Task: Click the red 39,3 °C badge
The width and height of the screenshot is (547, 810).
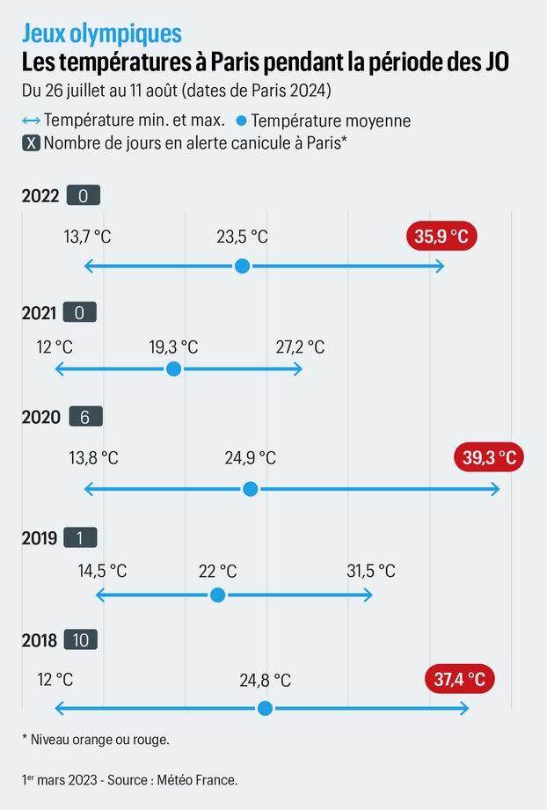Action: pos(490,457)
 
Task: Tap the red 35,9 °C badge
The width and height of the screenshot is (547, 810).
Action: pos(441,237)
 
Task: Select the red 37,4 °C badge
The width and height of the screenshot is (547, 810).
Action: pos(459,679)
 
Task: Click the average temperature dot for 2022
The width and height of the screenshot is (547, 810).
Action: pos(243,266)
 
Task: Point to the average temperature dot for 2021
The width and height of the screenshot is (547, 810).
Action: pos(174,369)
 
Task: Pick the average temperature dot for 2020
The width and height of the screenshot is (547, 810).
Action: pos(251,488)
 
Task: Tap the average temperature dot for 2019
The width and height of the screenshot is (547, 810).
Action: pos(218,595)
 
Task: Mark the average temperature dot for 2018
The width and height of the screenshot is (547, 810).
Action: pos(265,708)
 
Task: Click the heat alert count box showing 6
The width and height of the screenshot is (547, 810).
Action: pos(84,417)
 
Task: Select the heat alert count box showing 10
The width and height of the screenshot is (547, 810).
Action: pos(80,640)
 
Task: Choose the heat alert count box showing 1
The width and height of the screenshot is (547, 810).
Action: pos(79,538)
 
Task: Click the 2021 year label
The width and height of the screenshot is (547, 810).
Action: pos(40,312)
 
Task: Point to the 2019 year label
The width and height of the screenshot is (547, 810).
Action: pos(40,538)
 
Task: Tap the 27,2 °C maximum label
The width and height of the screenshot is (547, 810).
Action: pos(300,347)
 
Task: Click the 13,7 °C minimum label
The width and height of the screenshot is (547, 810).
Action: pos(87,237)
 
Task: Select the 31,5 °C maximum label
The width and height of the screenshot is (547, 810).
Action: pos(370,572)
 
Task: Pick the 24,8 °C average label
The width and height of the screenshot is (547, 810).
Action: pos(265,680)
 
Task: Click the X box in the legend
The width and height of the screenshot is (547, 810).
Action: pos(31,143)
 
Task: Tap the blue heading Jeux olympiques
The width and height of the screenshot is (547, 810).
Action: pos(102,33)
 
